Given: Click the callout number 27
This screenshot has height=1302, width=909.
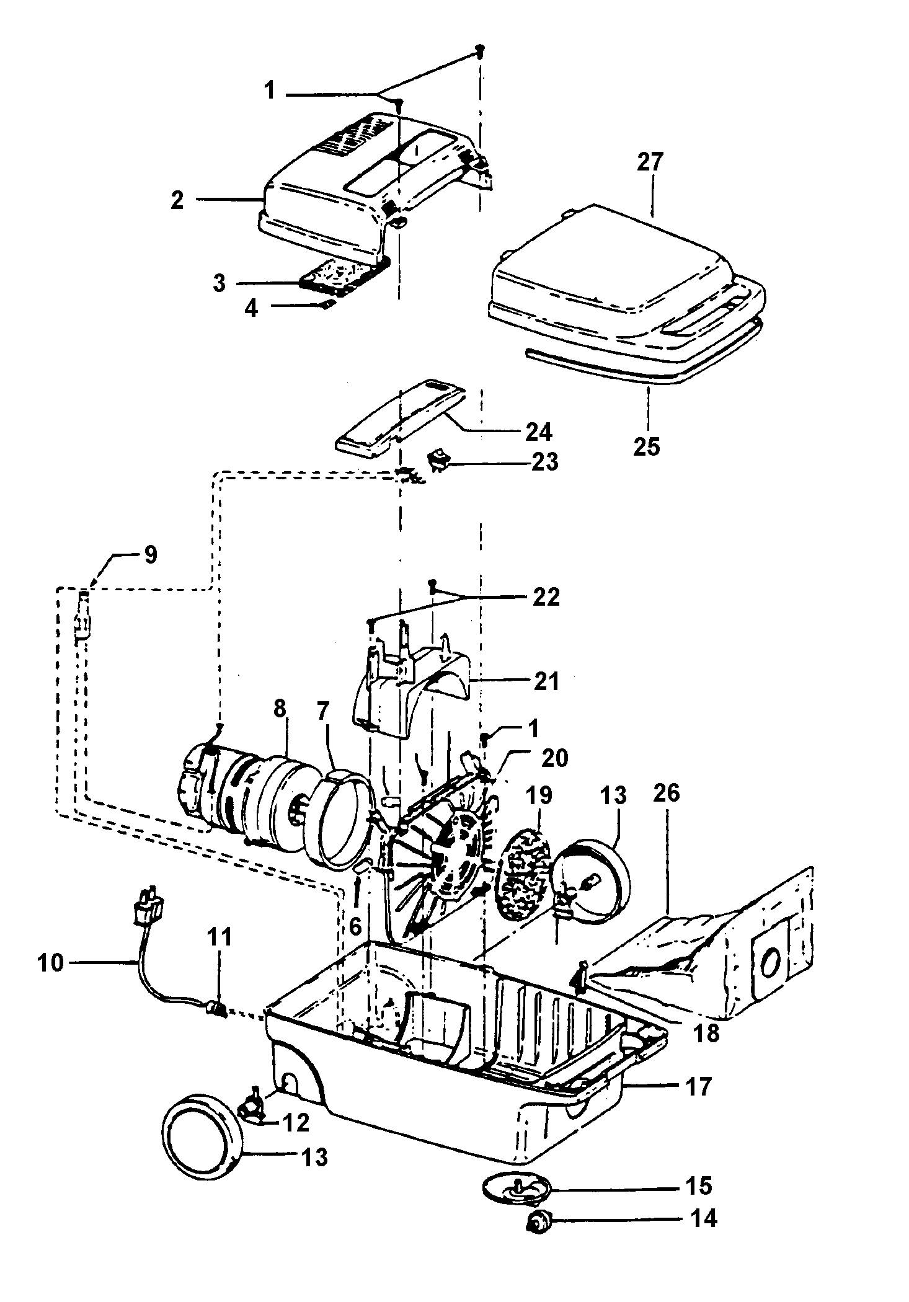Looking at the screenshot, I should pos(650,162).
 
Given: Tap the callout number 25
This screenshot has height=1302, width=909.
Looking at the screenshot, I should pos(646,446).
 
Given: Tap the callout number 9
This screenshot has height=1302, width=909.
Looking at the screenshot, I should pos(149,554).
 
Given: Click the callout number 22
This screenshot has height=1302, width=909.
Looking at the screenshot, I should pos(546,597).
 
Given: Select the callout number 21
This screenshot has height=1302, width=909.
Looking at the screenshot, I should pos(545,681).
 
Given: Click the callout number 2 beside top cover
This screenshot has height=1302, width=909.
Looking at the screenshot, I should pos(177,200).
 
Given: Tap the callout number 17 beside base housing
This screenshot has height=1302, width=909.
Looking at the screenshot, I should pos(698,1086).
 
